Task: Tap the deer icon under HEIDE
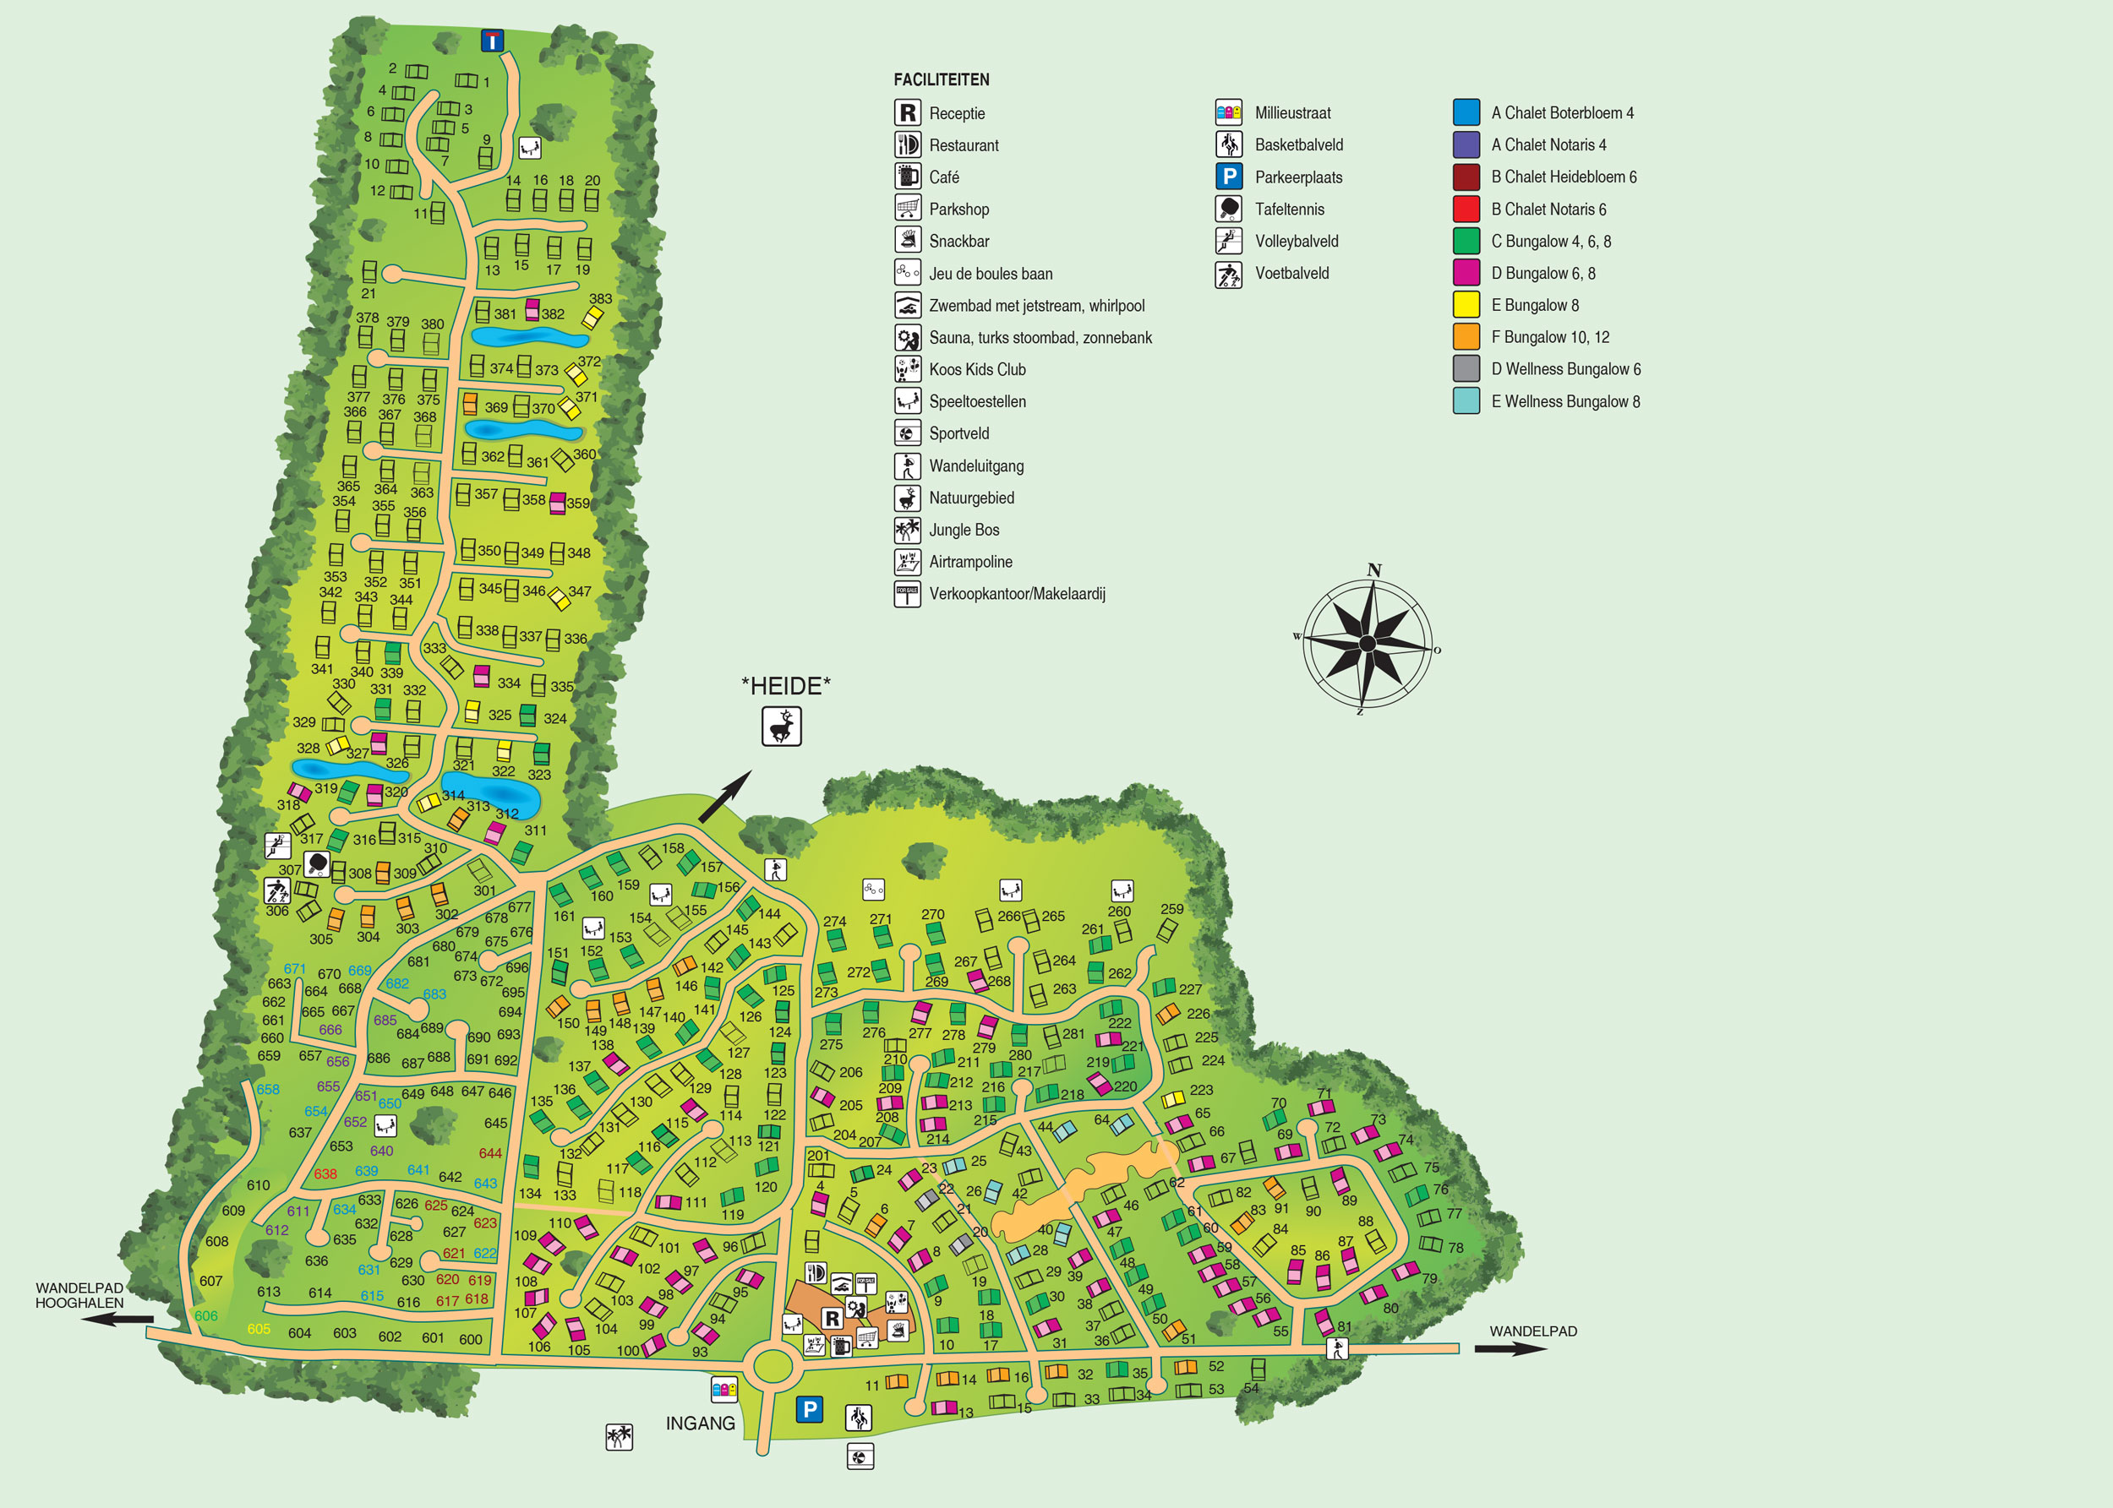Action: pos(781,727)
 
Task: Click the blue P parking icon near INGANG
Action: pos(810,1409)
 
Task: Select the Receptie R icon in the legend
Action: pos(908,113)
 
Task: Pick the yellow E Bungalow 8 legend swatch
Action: pos(1466,305)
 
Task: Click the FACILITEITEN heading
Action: pos(941,80)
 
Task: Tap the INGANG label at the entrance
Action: pos(701,1424)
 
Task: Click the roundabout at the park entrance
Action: pos(773,1366)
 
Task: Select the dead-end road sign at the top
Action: pos(492,41)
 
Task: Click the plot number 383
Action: pos(600,299)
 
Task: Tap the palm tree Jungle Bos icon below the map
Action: pos(619,1437)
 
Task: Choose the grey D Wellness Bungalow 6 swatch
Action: pos(1466,368)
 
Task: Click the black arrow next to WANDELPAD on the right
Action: pos(1510,1349)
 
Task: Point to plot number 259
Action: pos(1172,909)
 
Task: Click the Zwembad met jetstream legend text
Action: pos(1036,306)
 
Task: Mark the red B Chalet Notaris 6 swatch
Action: pos(1466,209)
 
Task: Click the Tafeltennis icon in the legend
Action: pos(1229,209)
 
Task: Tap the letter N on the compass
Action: pos(1373,570)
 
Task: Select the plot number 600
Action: pos(471,1339)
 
